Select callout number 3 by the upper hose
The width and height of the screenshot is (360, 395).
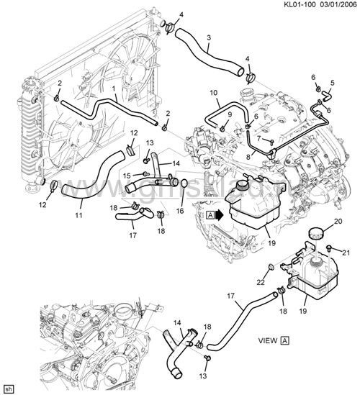point(209,37)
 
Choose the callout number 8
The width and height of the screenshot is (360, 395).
point(249,155)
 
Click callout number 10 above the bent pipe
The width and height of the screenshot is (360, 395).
point(213,93)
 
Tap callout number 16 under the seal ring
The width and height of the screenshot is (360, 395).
point(181,212)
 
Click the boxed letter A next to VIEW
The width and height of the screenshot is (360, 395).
point(285,338)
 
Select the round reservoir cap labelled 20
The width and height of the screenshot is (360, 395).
point(315,234)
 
